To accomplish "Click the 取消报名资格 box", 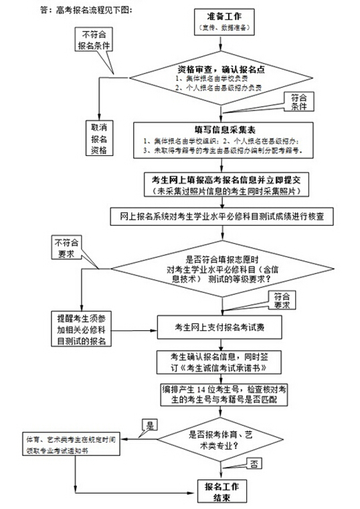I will coord(98,139).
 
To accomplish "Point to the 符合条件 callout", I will coord(298,102).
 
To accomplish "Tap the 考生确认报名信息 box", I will coord(223,362).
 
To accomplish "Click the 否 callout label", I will coord(254,463).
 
